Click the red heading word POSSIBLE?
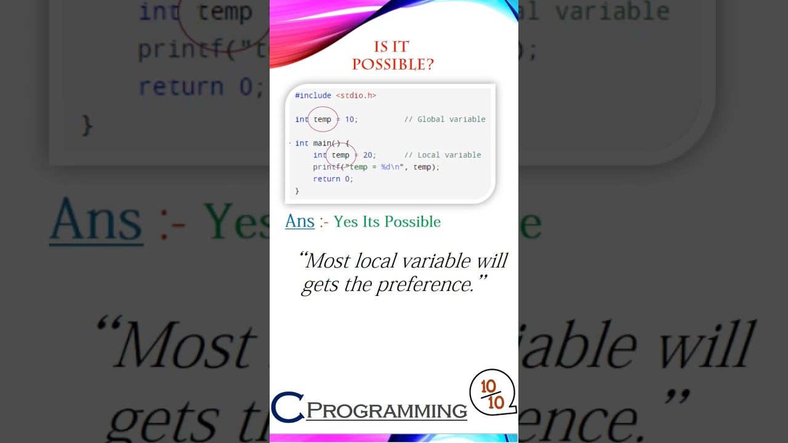pos(393,64)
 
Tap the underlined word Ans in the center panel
pos(300,221)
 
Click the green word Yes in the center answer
pos(345,221)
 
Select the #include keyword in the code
pos(313,95)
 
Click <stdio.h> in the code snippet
pos(356,95)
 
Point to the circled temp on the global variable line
pos(322,119)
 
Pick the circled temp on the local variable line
pos(340,155)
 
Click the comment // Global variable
pos(444,119)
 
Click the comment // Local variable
pos(443,155)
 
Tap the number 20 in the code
pos(368,155)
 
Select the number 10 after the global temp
pos(350,119)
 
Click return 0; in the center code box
pos(333,179)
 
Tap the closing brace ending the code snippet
pos(297,191)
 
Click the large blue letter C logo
pos(287,407)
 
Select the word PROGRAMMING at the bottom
pos(387,411)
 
